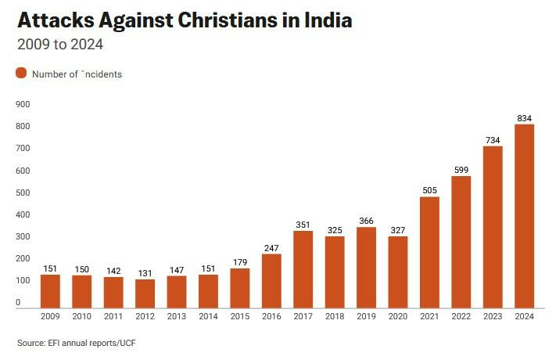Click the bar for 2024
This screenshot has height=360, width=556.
[x=525, y=216]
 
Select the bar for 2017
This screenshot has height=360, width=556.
[x=303, y=269]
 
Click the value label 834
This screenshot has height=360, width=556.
[x=525, y=118]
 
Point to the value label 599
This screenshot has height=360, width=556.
[x=461, y=170]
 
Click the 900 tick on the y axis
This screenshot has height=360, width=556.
[x=23, y=104]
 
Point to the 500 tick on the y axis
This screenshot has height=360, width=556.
[x=23, y=193]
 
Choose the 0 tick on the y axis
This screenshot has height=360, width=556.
[x=18, y=302]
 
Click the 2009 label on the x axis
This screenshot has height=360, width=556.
[x=51, y=317]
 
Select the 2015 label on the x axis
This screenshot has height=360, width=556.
[x=240, y=317]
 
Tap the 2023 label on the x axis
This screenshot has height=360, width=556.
[x=493, y=317]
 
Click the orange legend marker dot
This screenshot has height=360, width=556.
[x=21, y=74]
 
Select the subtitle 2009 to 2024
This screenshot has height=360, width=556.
[x=60, y=45]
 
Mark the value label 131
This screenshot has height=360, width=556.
[x=145, y=273]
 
